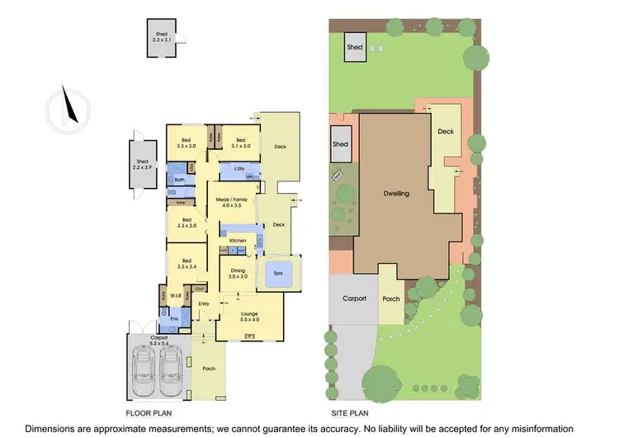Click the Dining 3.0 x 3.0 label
point(237,274)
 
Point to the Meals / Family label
point(230,202)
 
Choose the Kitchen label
point(238,240)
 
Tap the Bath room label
point(179,179)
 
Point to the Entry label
point(204,303)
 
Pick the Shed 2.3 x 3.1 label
point(165,37)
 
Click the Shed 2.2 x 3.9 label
point(142,164)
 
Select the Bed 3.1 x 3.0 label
point(242,143)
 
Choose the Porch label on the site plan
point(391,298)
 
